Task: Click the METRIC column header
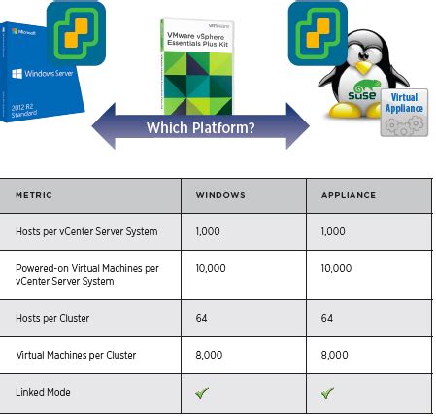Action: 34,195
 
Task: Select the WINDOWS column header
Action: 220,195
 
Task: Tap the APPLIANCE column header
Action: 348,195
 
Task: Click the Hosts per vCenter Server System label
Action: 86,231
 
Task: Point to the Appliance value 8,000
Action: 336,356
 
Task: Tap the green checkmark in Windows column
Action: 203,393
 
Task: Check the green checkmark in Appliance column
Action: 328,393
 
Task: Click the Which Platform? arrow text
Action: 200,128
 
